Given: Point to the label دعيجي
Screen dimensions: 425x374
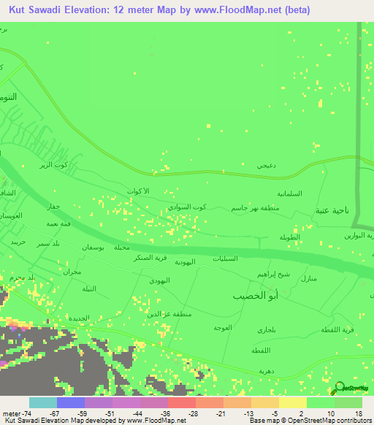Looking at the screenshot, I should click(x=266, y=166).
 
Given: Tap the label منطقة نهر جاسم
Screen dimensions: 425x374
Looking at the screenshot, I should click(x=256, y=208).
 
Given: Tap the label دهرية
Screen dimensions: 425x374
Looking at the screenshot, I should click(x=267, y=371).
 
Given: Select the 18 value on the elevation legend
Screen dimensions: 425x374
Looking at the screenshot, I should click(x=358, y=413).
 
